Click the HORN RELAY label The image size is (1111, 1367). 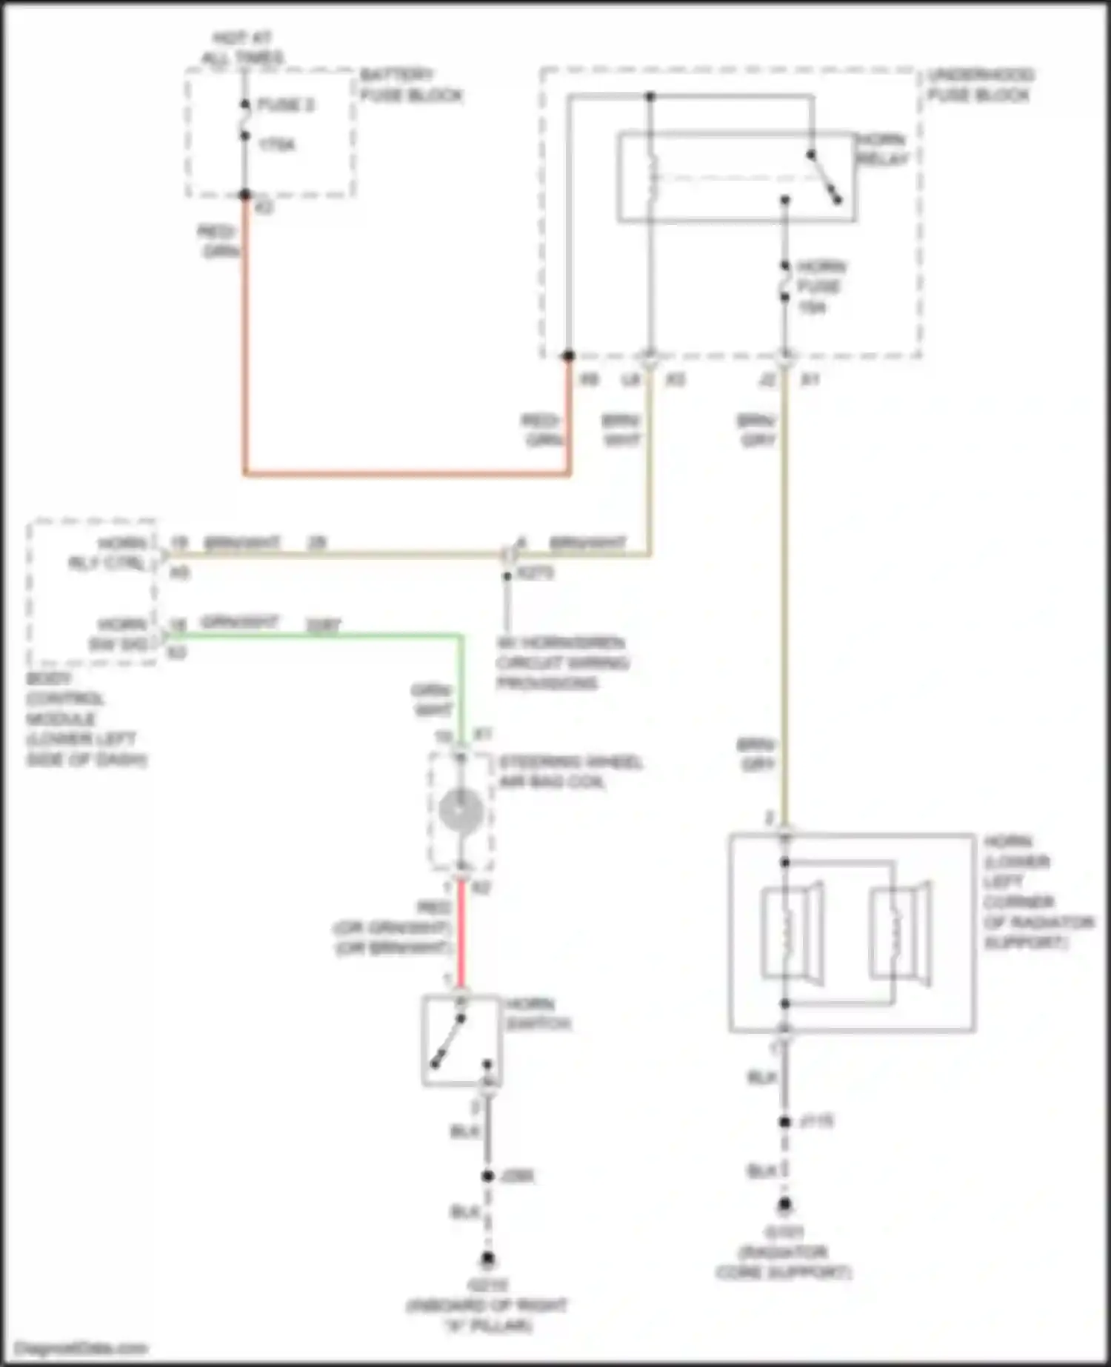pyautogui.click(x=881, y=149)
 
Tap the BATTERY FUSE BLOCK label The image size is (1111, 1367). pyautogui.click(x=410, y=84)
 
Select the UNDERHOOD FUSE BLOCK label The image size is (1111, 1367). pyautogui.click(x=980, y=84)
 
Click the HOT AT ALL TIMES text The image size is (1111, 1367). pyautogui.click(x=242, y=47)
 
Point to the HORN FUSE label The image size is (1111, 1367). pyautogui.click(x=821, y=286)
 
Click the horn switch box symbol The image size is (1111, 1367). pyautogui.click(x=461, y=1040)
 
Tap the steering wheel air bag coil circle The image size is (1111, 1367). pyautogui.click(x=461, y=811)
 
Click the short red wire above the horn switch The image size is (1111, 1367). pyautogui.click(x=461, y=937)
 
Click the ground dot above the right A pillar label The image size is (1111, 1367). pyautogui.click(x=487, y=1258)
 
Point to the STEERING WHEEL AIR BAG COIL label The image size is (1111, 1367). pyautogui.click(x=570, y=772)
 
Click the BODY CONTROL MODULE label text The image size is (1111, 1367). pyautogui.click(x=85, y=719)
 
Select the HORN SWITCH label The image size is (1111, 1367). pyautogui.click(x=538, y=1014)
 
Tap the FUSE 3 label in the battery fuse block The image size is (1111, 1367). pyautogui.click(x=285, y=104)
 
